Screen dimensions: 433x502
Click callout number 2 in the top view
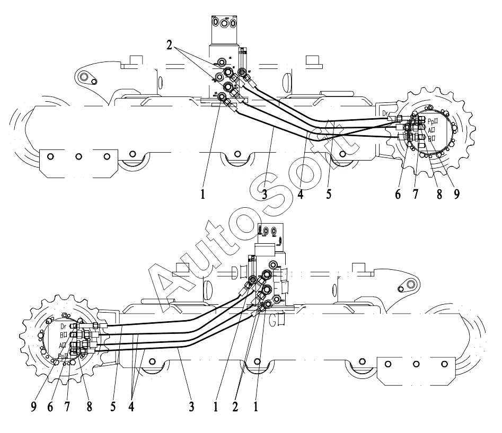[169, 46]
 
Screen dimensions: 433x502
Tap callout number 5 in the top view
[329, 194]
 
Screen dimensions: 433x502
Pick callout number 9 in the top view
[457, 195]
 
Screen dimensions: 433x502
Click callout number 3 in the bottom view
[191, 408]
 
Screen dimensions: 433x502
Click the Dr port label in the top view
[385, 113]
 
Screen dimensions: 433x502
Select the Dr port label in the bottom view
[63, 326]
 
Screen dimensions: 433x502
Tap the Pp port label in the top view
[431, 121]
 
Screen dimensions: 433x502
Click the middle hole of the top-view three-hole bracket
[78, 156]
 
